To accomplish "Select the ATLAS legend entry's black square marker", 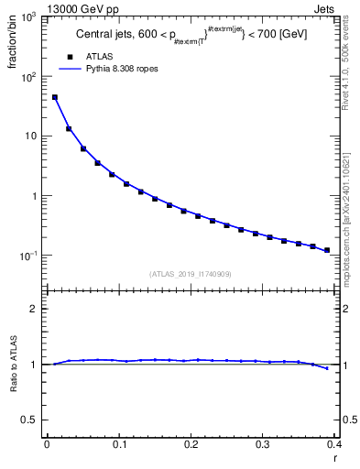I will pyautogui.click(x=67, y=57).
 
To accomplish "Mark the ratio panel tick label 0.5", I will pyautogui.click(x=30, y=420).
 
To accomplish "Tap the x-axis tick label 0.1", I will pyautogui.click(x=119, y=446).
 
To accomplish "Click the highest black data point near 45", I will pyautogui.click(x=54, y=97).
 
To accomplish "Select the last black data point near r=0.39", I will pyautogui.click(x=327, y=249).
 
